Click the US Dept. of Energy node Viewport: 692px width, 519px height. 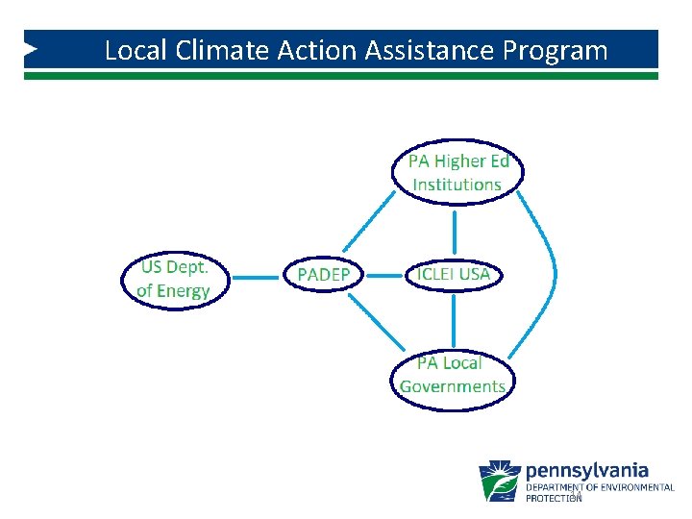[x=174, y=279]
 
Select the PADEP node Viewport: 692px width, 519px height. [x=324, y=276]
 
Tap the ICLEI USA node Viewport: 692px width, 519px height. [x=453, y=274]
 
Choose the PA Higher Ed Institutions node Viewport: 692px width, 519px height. [x=457, y=173]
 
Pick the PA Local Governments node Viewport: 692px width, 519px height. [x=453, y=375]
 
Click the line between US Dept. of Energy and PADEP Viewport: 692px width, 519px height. [x=256, y=279]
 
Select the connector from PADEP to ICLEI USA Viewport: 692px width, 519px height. [x=385, y=275]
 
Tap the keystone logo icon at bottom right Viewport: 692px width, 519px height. [x=500, y=481]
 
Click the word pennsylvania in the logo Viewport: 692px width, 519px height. [x=586, y=471]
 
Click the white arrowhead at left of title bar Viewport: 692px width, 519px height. [x=32, y=47]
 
